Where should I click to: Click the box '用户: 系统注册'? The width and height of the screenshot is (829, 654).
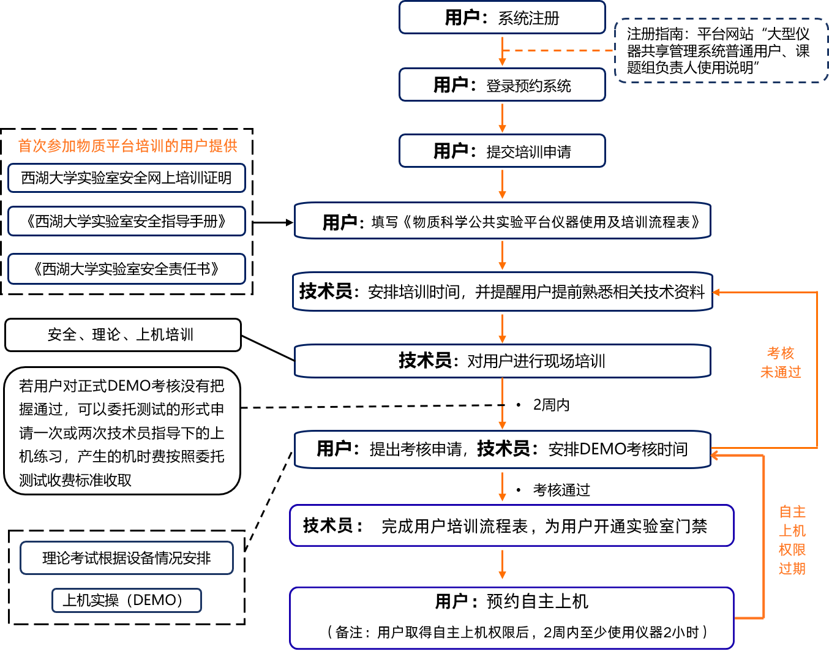pos(502,18)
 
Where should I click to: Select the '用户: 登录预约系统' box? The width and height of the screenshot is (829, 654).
pos(502,85)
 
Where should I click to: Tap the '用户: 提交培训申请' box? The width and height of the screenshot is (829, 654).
pos(502,151)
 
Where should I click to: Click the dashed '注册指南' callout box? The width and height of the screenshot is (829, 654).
pos(721,51)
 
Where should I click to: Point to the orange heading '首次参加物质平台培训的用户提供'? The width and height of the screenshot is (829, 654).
pos(127,146)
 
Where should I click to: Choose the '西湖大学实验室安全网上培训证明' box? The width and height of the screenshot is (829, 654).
pos(127,178)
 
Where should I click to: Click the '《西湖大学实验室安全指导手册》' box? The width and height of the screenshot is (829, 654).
pos(127,221)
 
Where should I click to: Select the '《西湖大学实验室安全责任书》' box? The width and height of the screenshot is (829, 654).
pos(127,269)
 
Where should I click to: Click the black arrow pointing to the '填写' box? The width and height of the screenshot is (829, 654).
pos(273,222)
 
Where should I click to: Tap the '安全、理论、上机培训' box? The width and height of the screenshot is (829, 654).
pos(122,335)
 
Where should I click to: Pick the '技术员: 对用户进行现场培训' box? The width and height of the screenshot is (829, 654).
pos(502,361)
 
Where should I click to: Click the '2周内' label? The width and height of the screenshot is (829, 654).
pos(551,405)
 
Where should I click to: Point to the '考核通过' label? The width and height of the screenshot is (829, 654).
pos(561,490)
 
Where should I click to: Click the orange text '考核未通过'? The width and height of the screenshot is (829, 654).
pos(781,363)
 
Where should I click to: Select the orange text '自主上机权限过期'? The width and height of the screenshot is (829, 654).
pos(792,540)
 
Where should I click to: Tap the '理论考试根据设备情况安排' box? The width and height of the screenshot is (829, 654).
pos(127,558)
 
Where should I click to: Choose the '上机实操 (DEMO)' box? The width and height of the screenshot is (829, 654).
pos(127,600)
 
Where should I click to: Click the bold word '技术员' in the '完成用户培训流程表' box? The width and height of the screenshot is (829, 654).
pos(328,525)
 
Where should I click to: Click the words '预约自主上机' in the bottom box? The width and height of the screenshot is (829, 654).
pos(537,602)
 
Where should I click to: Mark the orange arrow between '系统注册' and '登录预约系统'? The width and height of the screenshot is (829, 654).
pos(502,53)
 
